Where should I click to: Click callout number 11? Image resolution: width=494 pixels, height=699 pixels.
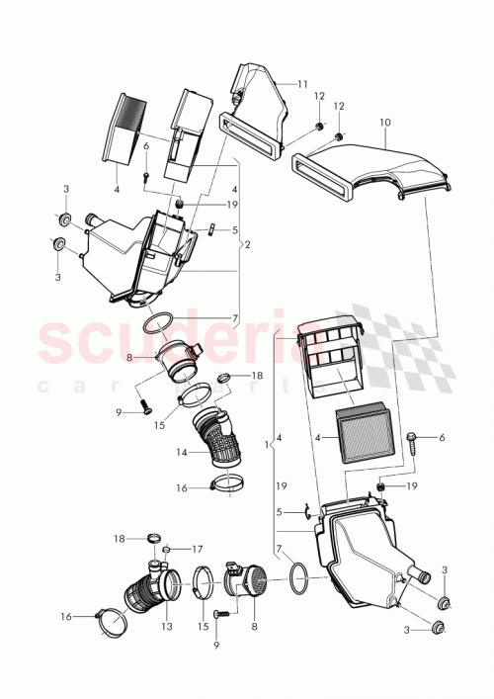point(302,85)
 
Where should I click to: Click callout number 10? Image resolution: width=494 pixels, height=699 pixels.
point(385,123)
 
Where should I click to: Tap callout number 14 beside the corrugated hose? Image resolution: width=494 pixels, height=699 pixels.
point(182,452)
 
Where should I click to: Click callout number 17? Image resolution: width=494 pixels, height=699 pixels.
point(198,549)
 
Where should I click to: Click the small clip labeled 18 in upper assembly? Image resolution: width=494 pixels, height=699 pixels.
point(224,377)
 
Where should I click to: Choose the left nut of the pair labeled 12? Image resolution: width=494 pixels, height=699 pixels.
point(321,128)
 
